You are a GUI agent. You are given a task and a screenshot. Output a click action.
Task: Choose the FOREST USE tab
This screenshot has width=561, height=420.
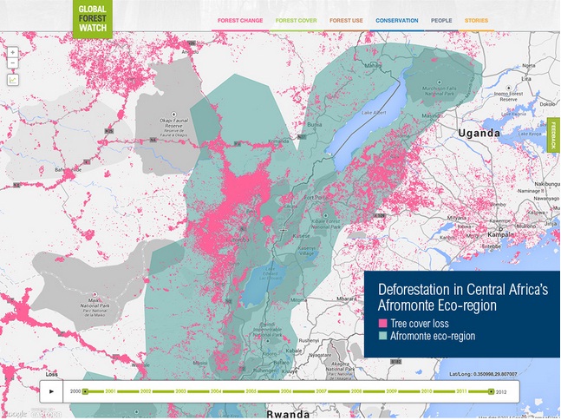pyautogui.click(x=346, y=20)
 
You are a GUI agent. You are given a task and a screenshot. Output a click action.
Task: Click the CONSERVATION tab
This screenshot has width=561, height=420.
pyautogui.click(x=397, y=20)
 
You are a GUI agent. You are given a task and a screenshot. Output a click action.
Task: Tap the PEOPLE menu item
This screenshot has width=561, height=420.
pyautogui.click(x=441, y=20)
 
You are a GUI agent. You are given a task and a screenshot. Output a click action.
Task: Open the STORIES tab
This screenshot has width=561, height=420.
pyautogui.click(x=476, y=20)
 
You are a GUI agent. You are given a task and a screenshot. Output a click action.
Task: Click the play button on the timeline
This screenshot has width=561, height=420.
pyautogui.click(x=51, y=391)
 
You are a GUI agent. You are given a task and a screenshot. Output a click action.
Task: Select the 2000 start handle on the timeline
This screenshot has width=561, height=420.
pyautogui.click(x=85, y=391)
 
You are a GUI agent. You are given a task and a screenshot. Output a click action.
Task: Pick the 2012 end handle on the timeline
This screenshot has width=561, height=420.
pyautogui.click(x=492, y=391)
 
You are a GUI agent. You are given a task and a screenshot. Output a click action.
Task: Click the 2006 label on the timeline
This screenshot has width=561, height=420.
pyautogui.click(x=285, y=392)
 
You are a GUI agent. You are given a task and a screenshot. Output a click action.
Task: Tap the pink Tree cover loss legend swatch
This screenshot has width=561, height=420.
pyautogui.click(x=382, y=324)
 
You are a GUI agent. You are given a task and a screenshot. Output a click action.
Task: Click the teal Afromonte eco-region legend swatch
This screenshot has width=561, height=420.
pyautogui.click(x=382, y=336)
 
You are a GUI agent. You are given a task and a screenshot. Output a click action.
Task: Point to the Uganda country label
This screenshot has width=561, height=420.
pyautogui.click(x=479, y=133)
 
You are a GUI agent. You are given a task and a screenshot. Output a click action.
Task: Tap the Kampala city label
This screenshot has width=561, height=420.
pyautogui.click(x=500, y=212)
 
